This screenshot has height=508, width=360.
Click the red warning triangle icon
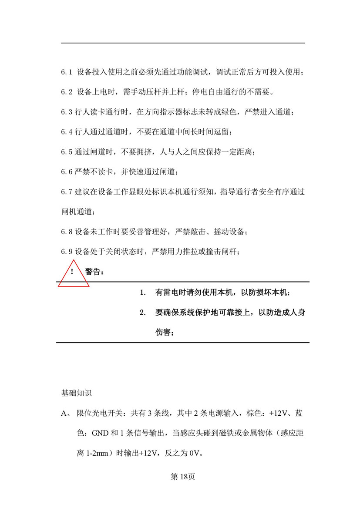73,274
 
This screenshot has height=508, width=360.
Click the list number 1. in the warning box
142,293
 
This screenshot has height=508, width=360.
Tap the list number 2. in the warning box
142,313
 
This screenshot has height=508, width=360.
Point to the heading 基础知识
76,393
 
